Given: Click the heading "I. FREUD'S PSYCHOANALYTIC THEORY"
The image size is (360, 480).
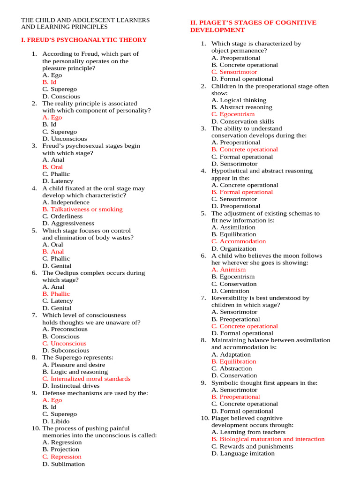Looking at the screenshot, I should pyautogui.click(x=84, y=40).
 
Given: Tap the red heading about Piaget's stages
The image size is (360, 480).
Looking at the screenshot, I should pyautogui.click(x=253, y=26).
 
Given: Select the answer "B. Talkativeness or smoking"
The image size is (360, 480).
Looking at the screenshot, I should pyautogui.click(x=82, y=210).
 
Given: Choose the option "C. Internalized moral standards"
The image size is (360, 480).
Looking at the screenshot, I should pyautogui.click(x=86, y=379).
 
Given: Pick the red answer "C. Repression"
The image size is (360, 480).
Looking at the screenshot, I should pyautogui.click(x=62, y=457).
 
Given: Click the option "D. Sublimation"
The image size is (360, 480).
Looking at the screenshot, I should pyautogui.click(x=64, y=464).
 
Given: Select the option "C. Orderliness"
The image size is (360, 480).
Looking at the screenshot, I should pyautogui.click(x=62, y=217).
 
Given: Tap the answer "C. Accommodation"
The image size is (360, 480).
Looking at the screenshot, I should pyautogui.click(x=239, y=241).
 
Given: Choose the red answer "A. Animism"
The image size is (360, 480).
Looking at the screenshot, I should pyautogui.click(x=228, y=270).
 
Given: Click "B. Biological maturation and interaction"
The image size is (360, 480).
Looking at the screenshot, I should pyautogui.click(x=268, y=439).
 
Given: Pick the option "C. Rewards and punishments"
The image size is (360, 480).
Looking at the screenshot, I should pyautogui.click(x=252, y=446).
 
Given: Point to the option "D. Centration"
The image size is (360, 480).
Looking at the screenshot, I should pyautogui.click(x=230, y=291).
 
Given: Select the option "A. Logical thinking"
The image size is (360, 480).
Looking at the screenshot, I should pyautogui.click(x=239, y=100).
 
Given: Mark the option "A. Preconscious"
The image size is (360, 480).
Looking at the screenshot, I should pyautogui.click(x=65, y=329).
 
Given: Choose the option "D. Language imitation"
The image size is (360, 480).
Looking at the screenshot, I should pyautogui.click(x=246, y=453).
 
